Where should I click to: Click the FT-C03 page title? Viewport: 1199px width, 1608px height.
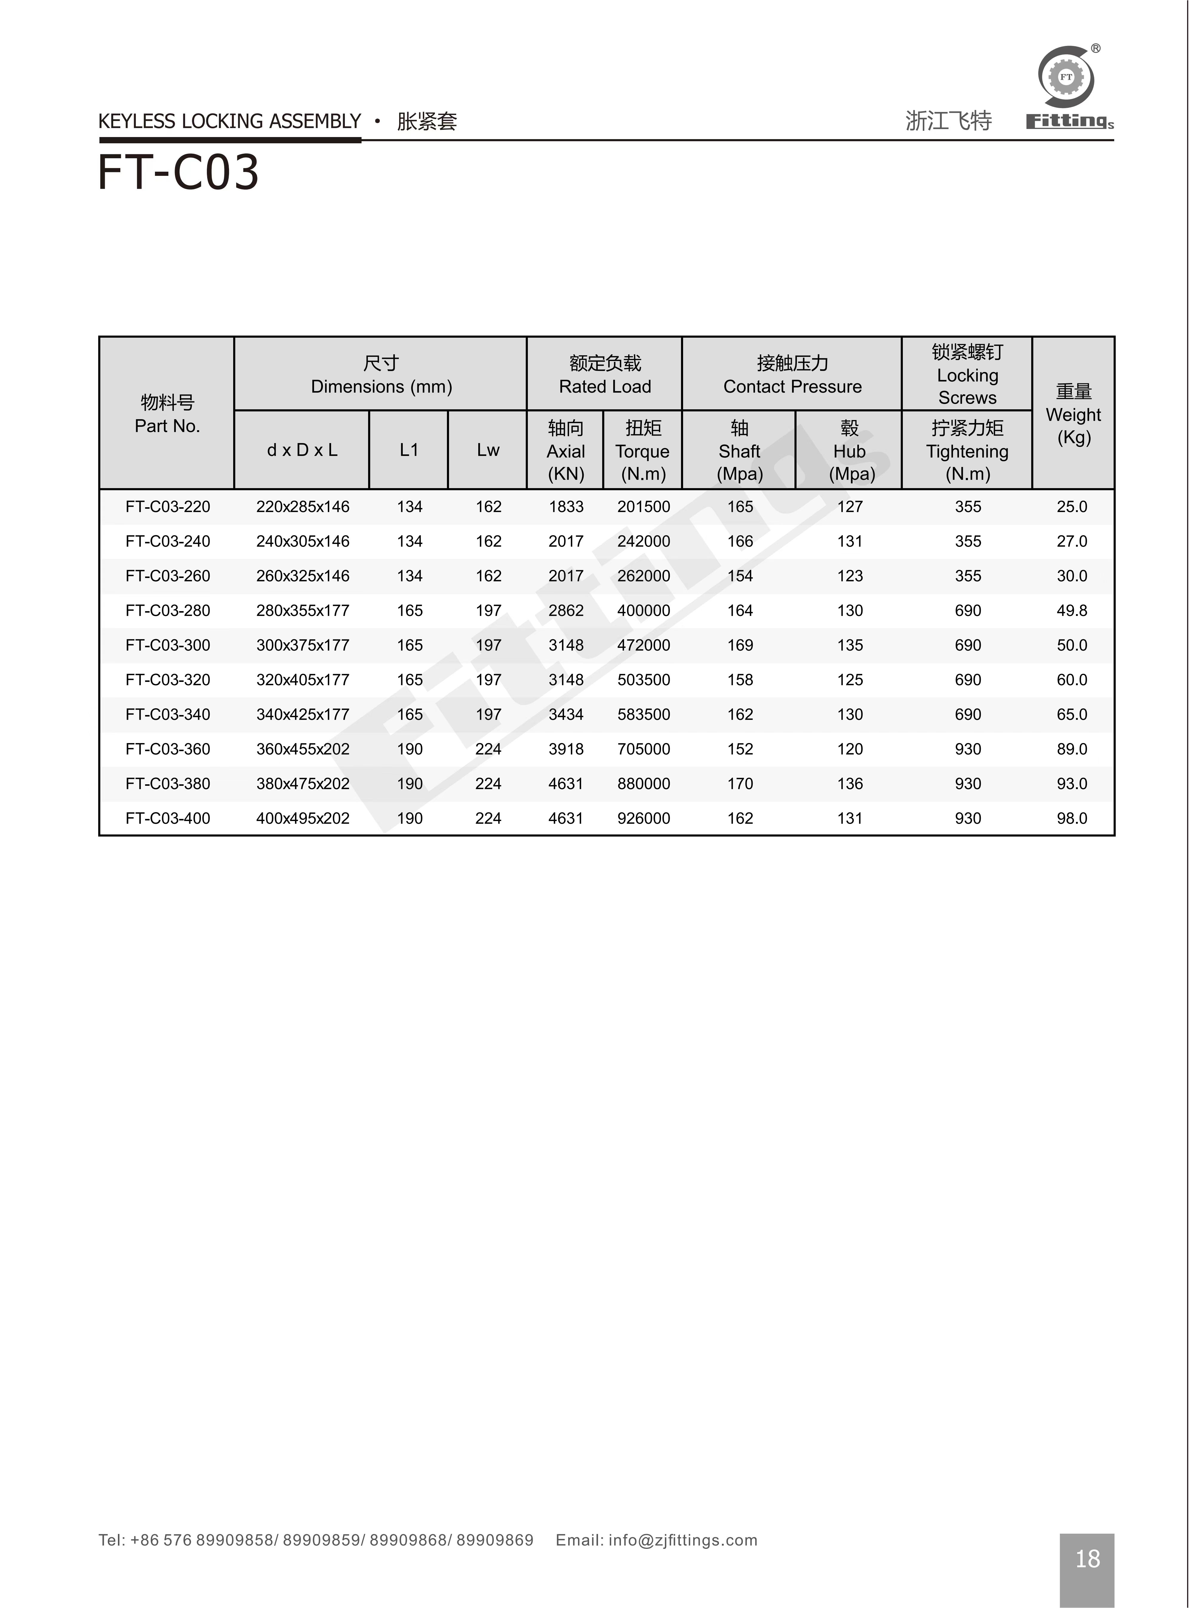(x=179, y=173)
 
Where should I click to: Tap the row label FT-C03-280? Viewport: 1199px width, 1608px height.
(x=168, y=611)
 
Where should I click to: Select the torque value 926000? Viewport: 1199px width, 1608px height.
(x=644, y=819)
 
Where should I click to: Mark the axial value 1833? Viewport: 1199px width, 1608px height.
(x=566, y=507)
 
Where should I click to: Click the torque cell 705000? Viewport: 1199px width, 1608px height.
(x=644, y=750)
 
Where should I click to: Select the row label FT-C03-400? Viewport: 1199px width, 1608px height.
(x=168, y=819)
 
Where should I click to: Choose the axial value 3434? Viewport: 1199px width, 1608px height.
(x=566, y=715)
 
